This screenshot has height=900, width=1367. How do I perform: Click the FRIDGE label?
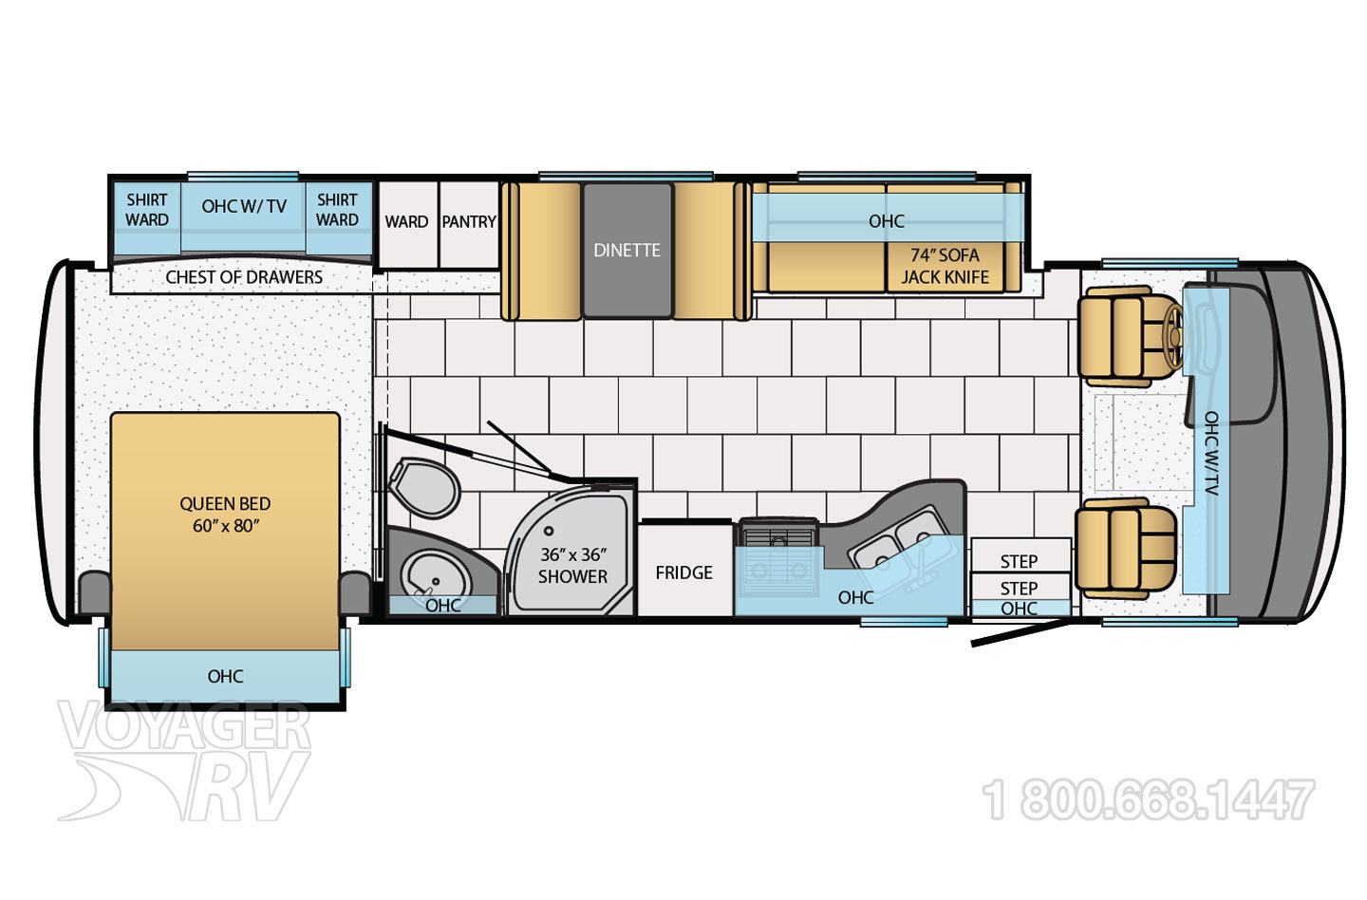683,572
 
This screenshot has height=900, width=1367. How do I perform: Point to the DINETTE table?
627,250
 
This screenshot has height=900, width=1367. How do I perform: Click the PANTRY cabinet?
469,222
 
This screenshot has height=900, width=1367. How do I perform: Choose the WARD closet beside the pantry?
406,222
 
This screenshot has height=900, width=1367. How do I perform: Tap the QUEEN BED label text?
225,515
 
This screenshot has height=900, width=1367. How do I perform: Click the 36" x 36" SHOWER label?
572,566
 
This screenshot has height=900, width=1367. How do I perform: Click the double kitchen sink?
897,537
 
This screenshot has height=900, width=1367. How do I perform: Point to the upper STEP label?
1019,561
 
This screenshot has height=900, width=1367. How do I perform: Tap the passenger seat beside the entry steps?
1125,548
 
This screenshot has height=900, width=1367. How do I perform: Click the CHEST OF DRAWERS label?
244,277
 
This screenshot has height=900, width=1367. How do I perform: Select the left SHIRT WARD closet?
147,210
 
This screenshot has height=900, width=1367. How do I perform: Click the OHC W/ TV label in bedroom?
244,206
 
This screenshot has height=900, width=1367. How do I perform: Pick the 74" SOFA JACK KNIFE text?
945,266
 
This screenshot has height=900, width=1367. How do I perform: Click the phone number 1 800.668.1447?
1150,799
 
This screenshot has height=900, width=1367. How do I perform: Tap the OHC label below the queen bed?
225,676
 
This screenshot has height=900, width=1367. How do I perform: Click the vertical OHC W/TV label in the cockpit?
1211,454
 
